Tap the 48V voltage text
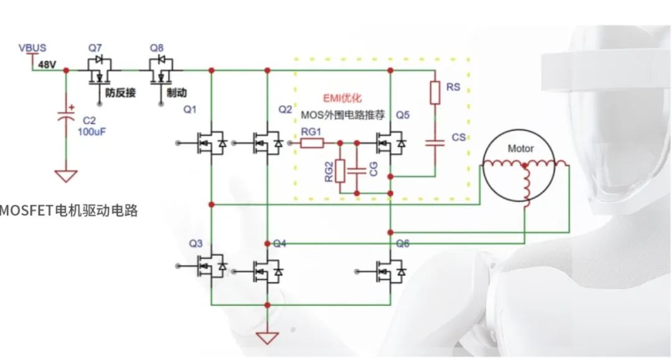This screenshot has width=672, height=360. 47,64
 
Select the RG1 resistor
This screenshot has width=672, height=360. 312,144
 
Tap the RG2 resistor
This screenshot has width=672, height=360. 340,170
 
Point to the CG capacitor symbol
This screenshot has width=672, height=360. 357,170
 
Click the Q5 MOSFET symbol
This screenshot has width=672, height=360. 391,144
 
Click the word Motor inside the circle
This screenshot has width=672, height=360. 521,149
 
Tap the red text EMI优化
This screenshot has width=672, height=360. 342,98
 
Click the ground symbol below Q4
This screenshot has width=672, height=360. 268,339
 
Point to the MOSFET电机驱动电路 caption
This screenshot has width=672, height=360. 68,211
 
